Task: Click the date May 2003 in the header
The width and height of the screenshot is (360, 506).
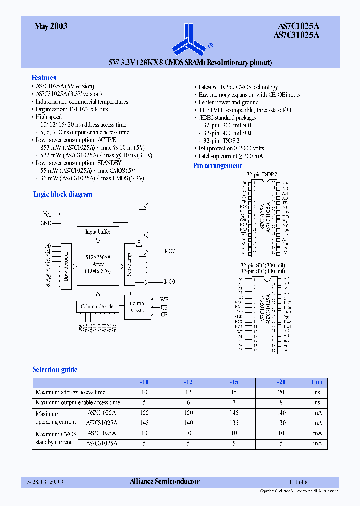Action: [x=51, y=26]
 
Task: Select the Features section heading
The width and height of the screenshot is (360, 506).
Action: [x=44, y=78]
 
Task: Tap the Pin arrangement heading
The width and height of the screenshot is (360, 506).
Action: [x=217, y=166]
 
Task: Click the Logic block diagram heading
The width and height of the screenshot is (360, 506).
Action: [x=63, y=194]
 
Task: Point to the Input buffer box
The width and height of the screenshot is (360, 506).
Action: [x=98, y=232]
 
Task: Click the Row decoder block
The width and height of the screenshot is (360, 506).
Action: [x=65, y=266]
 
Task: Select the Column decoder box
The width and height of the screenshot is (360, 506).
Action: [x=98, y=306]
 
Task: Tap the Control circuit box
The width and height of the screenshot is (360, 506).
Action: [x=138, y=306]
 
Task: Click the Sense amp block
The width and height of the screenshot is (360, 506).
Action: [x=129, y=265]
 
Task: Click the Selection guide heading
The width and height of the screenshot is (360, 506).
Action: [x=55, y=370]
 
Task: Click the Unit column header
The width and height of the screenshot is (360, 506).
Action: [x=317, y=382]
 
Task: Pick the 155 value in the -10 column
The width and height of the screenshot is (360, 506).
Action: [x=145, y=413]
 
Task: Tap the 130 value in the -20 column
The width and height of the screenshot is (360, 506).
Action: [x=281, y=423]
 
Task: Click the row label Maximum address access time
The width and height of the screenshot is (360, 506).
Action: [x=70, y=392]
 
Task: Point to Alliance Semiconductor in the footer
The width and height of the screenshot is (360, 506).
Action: [x=165, y=482]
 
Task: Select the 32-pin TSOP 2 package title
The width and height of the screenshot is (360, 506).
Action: [x=261, y=174]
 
